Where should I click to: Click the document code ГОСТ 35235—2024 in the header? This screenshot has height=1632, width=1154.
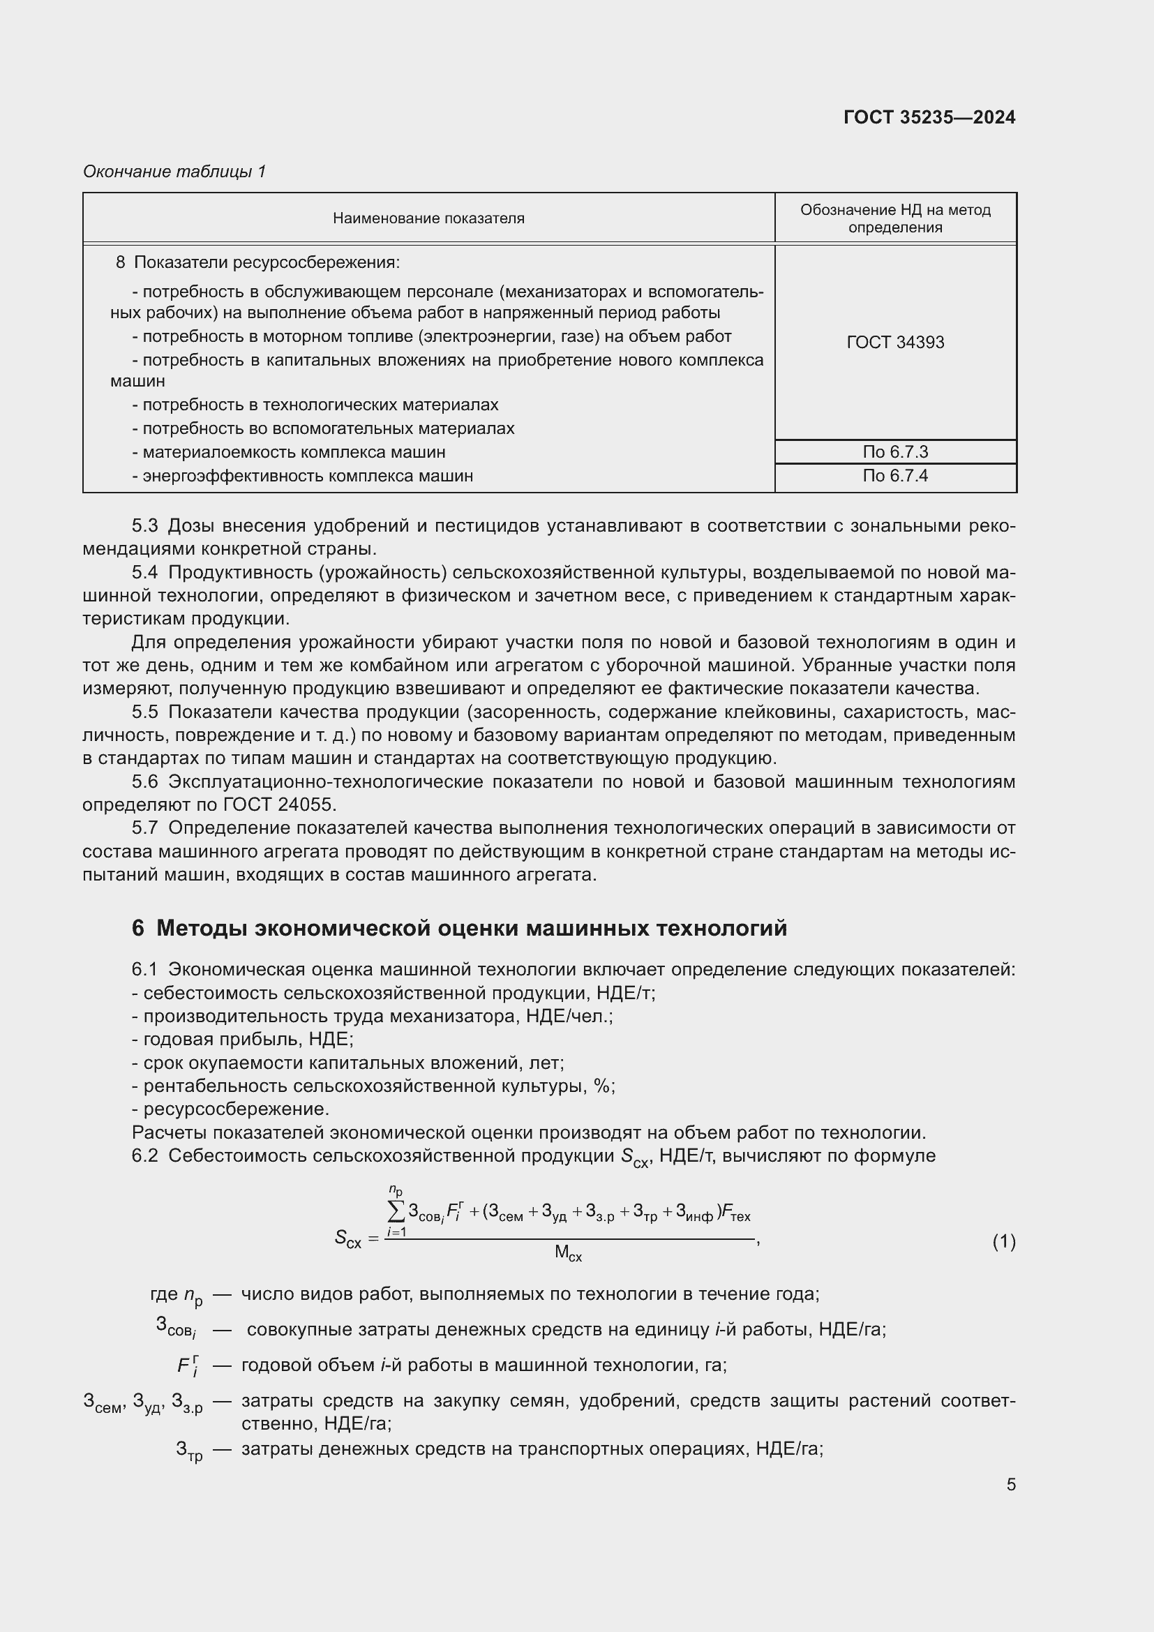click(929, 117)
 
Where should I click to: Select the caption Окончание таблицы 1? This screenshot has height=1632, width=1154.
click(174, 172)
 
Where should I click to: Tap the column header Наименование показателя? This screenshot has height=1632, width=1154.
click(428, 218)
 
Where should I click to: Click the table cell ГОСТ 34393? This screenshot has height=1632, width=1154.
click(894, 343)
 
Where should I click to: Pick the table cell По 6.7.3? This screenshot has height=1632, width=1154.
click(894, 452)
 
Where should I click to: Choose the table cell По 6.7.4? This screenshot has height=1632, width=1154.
click(894, 476)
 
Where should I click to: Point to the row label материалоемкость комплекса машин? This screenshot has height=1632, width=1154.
click(294, 452)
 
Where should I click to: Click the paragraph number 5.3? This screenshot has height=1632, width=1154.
click(144, 526)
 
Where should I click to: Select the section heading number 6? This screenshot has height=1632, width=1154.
click(138, 928)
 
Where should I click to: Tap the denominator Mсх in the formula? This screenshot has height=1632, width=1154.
click(568, 1253)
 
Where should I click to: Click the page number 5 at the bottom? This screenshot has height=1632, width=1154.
click(1010, 1484)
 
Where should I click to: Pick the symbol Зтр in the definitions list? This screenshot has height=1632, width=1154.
click(189, 1450)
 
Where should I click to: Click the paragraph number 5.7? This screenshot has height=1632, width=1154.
click(144, 828)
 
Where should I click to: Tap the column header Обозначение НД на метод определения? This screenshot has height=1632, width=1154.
click(894, 218)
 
